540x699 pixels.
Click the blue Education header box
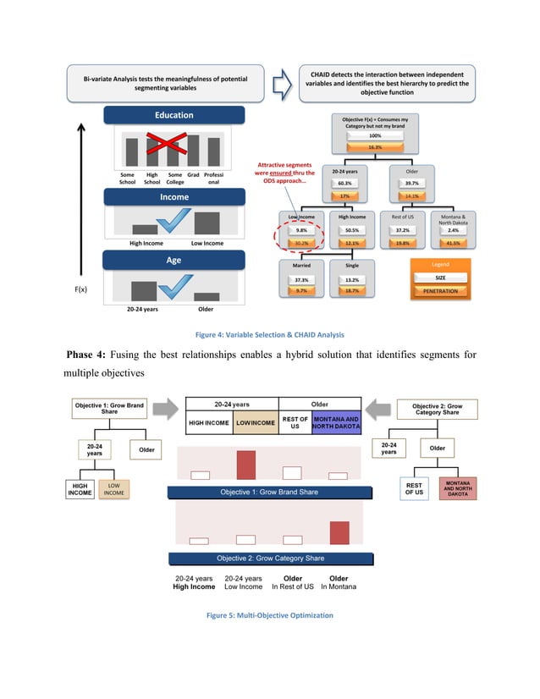pyautogui.click(x=174, y=115)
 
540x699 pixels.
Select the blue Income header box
pyautogui.click(x=174, y=197)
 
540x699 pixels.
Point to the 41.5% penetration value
pyautogui.click(x=453, y=243)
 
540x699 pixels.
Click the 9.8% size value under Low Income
pyautogui.click(x=302, y=230)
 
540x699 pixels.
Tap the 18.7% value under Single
pyautogui.click(x=352, y=290)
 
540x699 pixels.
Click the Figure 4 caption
pyautogui.click(x=269, y=334)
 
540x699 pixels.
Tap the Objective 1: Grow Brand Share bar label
pyautogui.click(x=269, y=492)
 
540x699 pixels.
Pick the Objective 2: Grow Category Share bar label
pyautogui.click(x=269, y=559)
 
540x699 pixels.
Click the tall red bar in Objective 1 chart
pyautogui.click(x=245, y=465)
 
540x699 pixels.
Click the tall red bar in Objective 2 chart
pyautogui.click(x=339, y=533)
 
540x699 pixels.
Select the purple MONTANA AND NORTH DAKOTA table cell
pyautogui.click(x=336, y=423)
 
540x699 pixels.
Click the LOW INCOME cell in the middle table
pyautogui.click(x=255, y=423)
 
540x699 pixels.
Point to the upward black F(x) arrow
pyautogui.click(x=80, y=203)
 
